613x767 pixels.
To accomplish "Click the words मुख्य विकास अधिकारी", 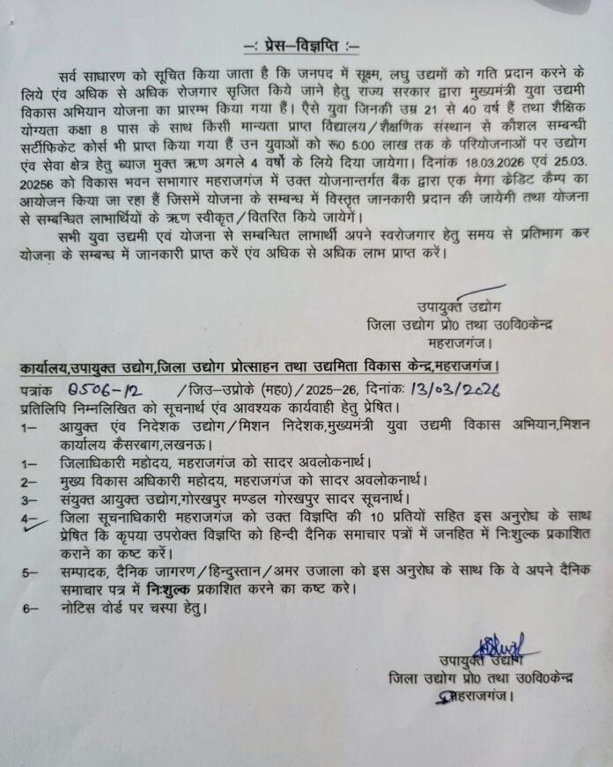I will pos(133,482).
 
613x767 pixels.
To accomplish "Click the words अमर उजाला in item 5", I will pos(319,573).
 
